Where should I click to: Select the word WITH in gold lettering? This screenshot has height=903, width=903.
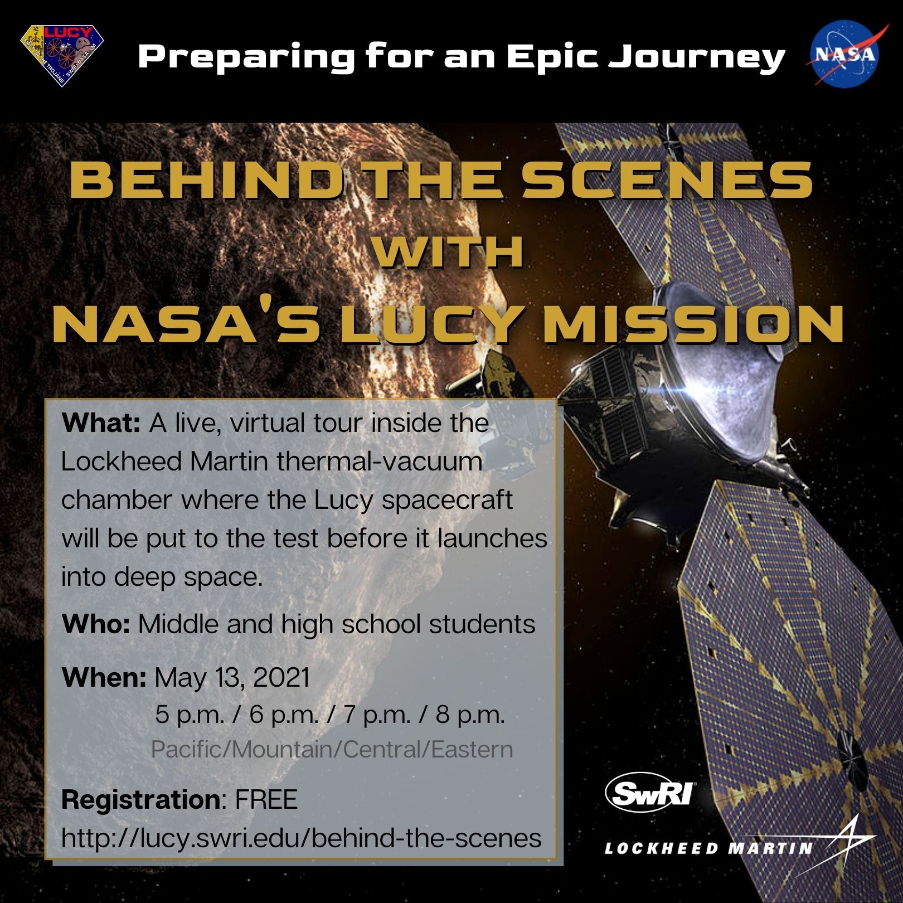[450, 253]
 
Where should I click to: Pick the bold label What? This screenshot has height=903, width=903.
[101, 423]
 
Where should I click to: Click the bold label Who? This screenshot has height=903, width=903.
[96, 624]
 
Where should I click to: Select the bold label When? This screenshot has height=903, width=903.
[104, 677]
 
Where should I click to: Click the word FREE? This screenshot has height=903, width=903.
[266, 799]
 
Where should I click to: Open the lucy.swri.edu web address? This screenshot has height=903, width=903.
[302, 838]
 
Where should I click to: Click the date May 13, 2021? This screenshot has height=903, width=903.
[232, 678]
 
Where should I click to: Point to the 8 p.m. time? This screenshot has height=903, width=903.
[470, 715]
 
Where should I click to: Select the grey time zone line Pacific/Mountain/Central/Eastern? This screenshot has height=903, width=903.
[332, 750]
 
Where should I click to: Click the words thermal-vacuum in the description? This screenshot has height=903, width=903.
[379, 462]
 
